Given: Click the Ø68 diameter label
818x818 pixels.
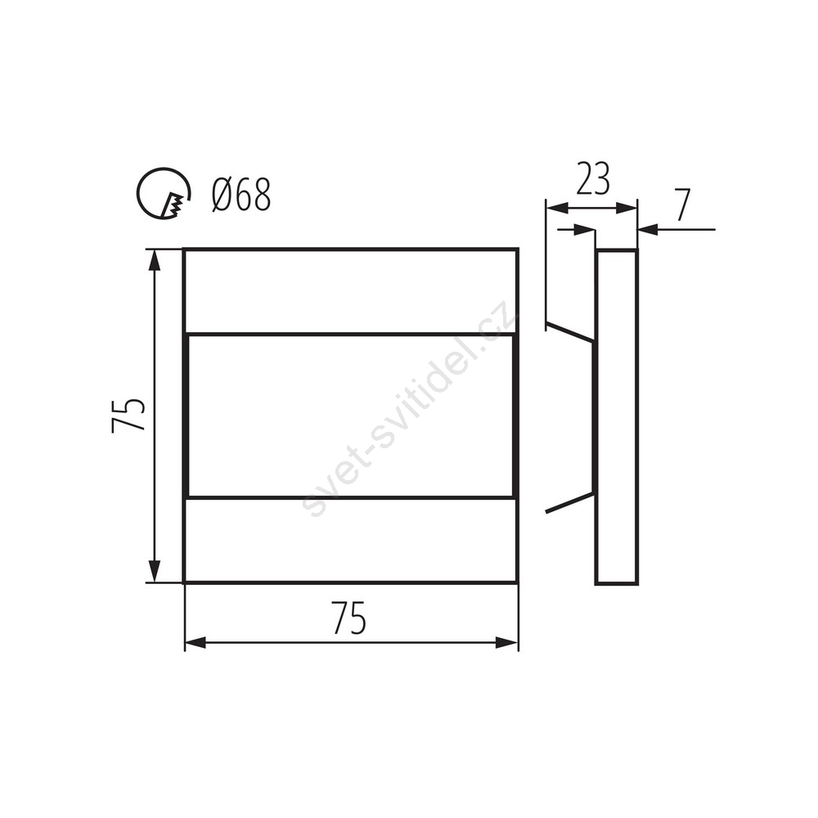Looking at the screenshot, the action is pyautogui.click(x=241, y=195).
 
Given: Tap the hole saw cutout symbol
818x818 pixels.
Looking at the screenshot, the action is pyautogui.click(x=164, y=194).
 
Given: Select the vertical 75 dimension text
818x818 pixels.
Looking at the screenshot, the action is pyautogui.click(x=128, y=416).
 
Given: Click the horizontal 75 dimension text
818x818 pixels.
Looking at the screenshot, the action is pyautogui.click(x=349, y=618).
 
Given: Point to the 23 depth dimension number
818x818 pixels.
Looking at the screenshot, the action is pyautogui.click(x=592, y=179).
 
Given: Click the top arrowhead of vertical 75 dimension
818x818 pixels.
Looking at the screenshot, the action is pyautogui.click(x=154, y=260).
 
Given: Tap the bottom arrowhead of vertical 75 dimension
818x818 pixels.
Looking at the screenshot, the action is pyautogui.click(x=154, y=571).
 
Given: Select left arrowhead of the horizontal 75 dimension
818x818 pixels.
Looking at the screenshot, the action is pyautogui.click(x=196, y=643).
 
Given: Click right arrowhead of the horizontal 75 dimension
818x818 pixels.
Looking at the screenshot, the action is pyautogui.click(x=506, y=643).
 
